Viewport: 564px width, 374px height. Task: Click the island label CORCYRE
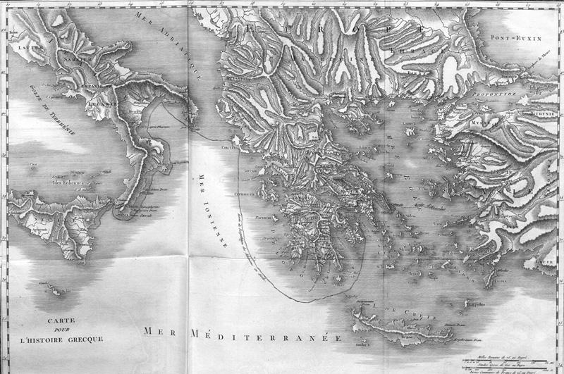point(228,148)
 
